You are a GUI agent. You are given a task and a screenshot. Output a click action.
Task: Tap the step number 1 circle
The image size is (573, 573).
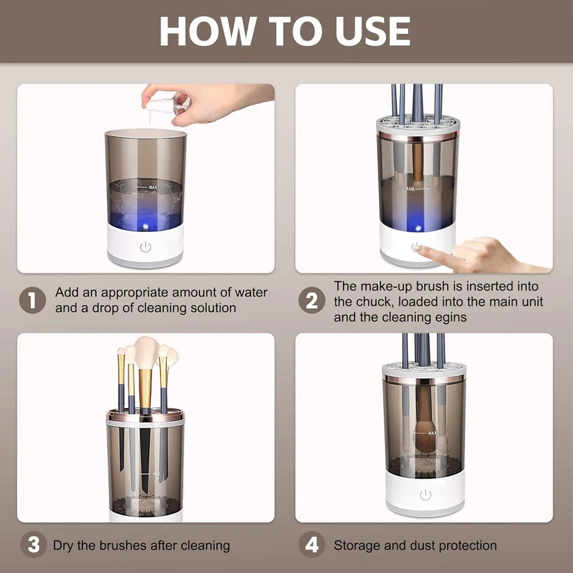pos(33,300)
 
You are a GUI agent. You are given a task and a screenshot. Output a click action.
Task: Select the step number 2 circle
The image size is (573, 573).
pos(311,300)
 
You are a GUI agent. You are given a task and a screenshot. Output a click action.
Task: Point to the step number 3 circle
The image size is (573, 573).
pos(33,545)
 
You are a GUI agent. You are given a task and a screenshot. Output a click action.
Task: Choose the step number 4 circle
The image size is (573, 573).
pos(311,545)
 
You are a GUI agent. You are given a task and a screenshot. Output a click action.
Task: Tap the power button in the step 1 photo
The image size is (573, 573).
pos(146,247)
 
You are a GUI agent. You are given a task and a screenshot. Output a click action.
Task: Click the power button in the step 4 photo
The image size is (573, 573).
pos(425,495)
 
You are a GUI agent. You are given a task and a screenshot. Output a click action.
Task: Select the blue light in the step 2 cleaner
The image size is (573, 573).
pos(417,227)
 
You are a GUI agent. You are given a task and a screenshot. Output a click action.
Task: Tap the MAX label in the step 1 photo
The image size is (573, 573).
pos(152,187)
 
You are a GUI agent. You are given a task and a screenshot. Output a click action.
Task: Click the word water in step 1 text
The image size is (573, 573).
pos(250,292)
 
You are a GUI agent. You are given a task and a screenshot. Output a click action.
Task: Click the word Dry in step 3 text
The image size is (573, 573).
pos(64,545)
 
